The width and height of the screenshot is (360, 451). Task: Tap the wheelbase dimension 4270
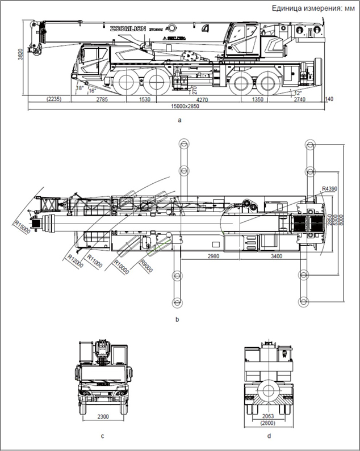(x=194, y=99)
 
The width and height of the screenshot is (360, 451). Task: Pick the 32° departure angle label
(x=297, y=92)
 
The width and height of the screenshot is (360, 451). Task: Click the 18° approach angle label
(x=79, y=88)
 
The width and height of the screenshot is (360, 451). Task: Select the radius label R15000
(x=22, y=225)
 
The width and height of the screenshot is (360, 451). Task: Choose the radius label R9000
(x=147, y=263)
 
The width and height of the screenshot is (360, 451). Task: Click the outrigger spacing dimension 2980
(x=210, y=257)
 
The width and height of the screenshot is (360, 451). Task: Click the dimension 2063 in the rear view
(x=269, y=416)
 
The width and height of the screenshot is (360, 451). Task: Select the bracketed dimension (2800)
(x=269, y=423)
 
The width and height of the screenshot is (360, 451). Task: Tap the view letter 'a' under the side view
(x=179, y=120)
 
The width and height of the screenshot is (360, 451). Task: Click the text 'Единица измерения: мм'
(x=313, y=8)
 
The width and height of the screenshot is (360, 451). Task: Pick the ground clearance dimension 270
(x=194, y=89)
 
